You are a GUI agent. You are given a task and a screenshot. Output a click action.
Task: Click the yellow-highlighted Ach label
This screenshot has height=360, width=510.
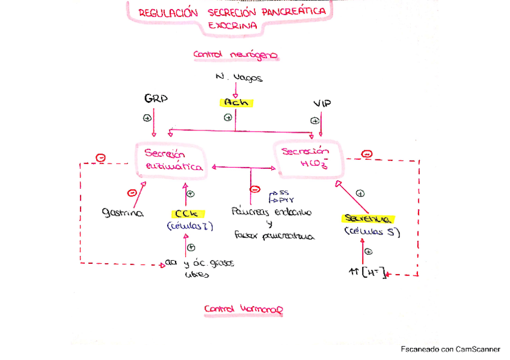pos(235,102)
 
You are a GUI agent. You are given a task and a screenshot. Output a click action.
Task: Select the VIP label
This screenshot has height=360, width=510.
pos(322,104)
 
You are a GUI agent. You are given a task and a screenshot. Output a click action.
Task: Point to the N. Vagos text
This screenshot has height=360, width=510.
pos(239,78)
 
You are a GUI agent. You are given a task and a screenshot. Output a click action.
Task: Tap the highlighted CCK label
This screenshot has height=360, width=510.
pos(189,213)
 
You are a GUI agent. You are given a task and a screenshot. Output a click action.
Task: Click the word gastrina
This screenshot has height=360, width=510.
pos(122,213)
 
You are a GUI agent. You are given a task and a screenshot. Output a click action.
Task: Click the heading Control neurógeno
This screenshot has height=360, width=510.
pos(235,55)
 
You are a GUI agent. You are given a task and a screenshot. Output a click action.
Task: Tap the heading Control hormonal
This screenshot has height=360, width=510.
pos(243,310)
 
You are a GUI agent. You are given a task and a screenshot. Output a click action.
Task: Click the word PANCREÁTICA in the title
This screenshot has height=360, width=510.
pos(297,11)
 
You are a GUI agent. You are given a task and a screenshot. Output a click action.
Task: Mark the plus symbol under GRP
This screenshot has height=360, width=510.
pos(147,118)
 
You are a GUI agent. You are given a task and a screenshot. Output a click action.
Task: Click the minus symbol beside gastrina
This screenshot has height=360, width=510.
pos(131,193)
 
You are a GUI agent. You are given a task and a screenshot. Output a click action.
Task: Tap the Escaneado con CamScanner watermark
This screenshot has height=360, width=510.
pos(450,349)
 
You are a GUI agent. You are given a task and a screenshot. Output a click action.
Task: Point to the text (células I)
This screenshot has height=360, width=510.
pos(189,226)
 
